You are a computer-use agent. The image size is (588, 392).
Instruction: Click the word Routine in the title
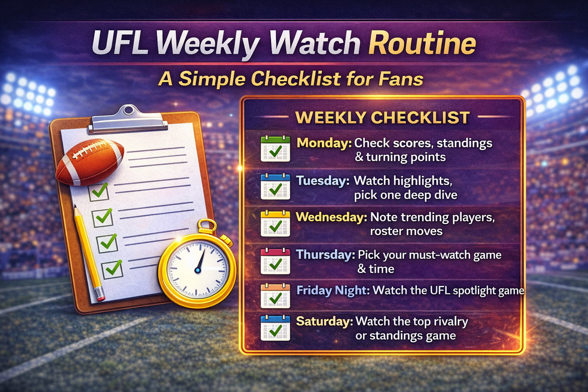[x=422, y=43]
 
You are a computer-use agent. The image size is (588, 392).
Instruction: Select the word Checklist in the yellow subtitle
[x=296, y=79]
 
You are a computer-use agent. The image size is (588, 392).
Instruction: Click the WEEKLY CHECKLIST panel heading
[x=382, y=118]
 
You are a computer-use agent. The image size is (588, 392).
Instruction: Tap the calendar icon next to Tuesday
[x=275, y=186]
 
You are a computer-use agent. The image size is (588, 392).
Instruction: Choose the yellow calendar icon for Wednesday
[x=275, y=224]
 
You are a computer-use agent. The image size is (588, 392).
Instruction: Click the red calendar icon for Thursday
[x=275, y=261]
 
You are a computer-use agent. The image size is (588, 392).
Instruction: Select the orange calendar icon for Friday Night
[x=275, y=296]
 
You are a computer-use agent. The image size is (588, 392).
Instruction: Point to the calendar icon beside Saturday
[x=275, y=328]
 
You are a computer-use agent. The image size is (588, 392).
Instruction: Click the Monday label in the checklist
[x=324, y=143]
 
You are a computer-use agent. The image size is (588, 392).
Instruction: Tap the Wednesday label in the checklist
[x=331, y=217]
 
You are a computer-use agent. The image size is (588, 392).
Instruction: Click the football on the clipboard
[x=90, y=161]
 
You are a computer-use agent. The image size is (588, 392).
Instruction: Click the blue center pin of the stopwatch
[x=198, y=270]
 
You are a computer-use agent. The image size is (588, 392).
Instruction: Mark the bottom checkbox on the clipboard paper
[x=112, y=269]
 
